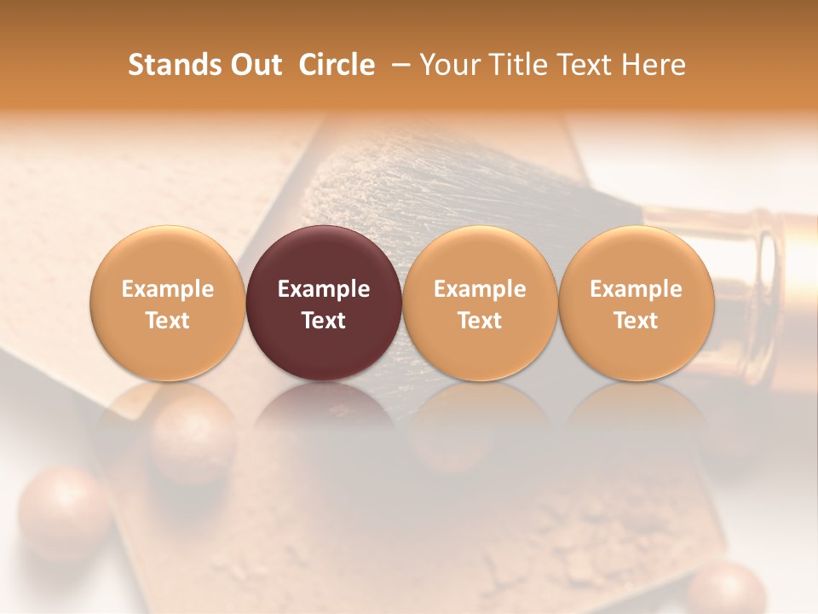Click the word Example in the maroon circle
click(x=324, y=289)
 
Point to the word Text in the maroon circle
click(x=324, y=321)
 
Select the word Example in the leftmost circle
click(x=167, y=289)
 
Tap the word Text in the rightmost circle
click(x=636, y=321)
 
